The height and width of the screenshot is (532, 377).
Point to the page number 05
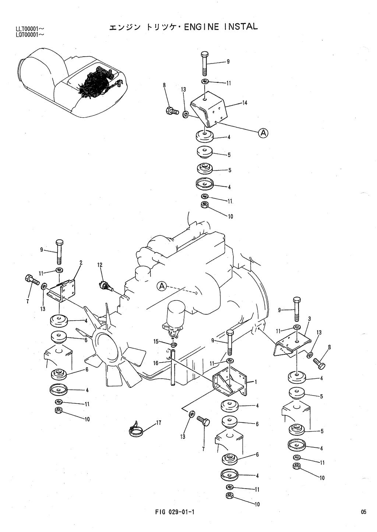[364, 512]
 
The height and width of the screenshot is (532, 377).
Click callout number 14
[244, 103]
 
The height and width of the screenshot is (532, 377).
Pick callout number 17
[159, 423]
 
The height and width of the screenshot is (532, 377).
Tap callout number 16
[156, 363]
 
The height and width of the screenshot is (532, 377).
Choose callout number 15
[156, 342]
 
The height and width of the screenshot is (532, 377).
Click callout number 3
[310, 319]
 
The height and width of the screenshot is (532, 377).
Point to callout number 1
[256, 382]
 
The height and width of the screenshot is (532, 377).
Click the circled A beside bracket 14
[263, 133]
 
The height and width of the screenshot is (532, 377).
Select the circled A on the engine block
[161, 286]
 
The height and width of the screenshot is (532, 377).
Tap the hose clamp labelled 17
[136, 428]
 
